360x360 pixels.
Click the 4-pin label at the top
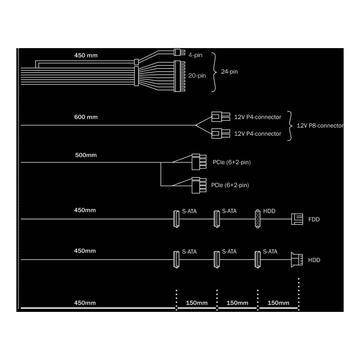click(x=195, y=55)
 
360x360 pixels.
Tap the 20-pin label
click(x=197, y=76)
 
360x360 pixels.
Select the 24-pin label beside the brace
click(x=229, y=72)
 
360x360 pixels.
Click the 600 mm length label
click(x=86, y=117)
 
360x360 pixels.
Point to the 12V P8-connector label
click(x=320, y=126)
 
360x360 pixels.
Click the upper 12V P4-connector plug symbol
click(x=221, y=117)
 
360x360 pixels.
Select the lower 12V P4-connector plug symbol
click(x=221, y=134)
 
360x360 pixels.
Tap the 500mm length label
click(x=86, y=155)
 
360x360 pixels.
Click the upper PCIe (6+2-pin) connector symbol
click(x=199, y=162)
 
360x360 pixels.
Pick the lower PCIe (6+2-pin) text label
click(x=230, y=185)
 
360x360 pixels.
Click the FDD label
click(x=314, y=220)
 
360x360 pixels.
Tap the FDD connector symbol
click(x=297, y=219)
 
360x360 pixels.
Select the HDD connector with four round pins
click(x=258, y=219)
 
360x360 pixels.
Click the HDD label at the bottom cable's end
click(x=314, y=260)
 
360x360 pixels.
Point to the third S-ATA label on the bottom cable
click(x=270, y=252)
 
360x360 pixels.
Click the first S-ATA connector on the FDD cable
click(x=176, y=219)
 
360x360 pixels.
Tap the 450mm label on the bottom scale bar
click(x=85, y=303)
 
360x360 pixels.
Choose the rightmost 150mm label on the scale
click(x=278, y=303)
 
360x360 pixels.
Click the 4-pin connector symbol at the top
click(x=179, y=52)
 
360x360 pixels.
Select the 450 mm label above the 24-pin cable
click(x=86, y=55)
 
